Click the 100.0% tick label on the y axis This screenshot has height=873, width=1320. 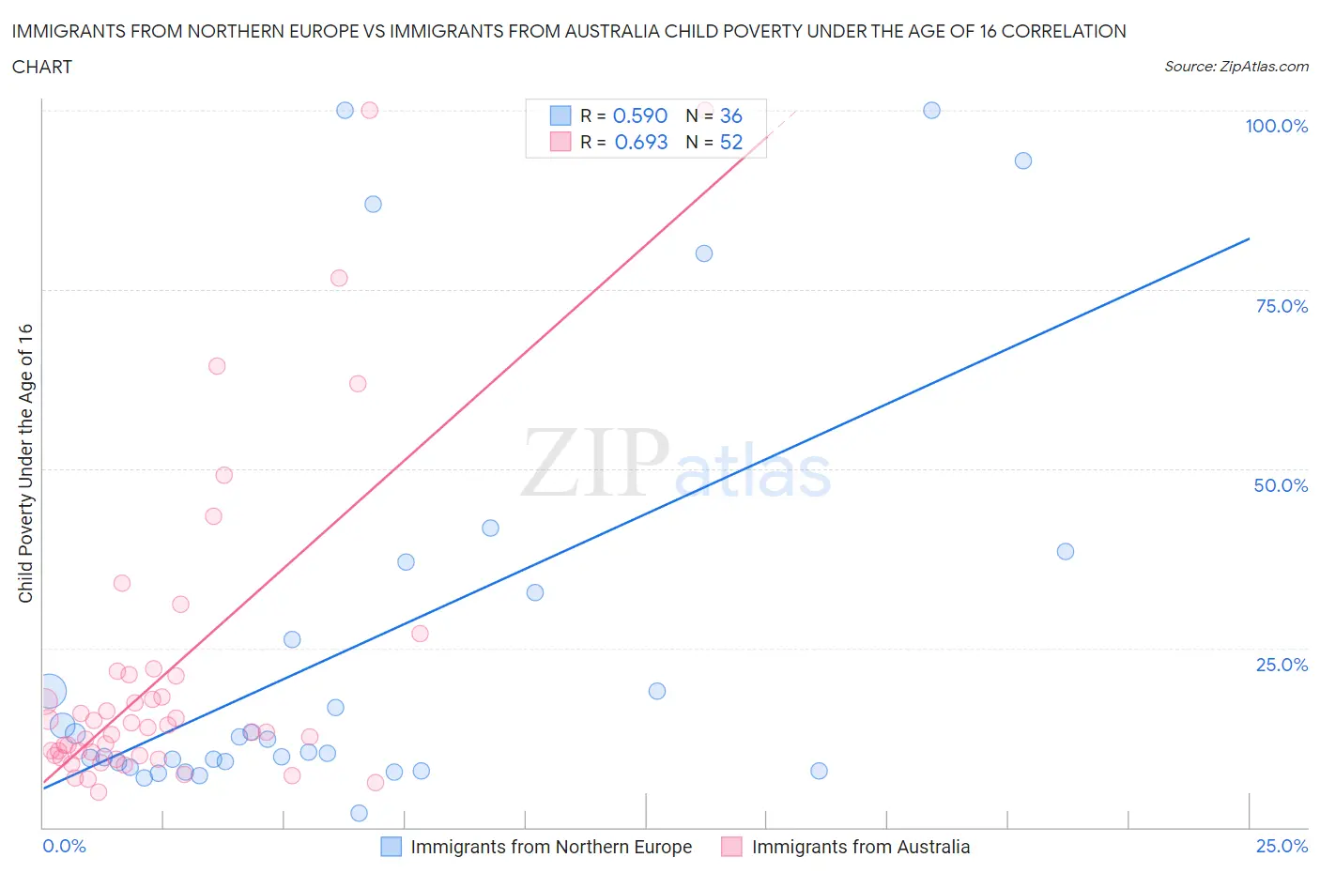tap(1276, 126)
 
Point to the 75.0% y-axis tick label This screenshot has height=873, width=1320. tap(1282, 306)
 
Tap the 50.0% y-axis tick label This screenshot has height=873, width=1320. tap(1281, 485)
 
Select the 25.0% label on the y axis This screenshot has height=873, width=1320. tap(1282, 665)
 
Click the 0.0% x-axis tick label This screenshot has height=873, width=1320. tap(64, 846)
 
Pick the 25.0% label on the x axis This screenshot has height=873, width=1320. tap(1282, 846)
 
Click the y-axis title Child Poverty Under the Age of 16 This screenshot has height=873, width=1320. tap(25, 463)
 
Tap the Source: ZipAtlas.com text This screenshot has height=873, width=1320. tap(1236, 66)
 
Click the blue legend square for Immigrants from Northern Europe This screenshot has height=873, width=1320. tap(391, 847)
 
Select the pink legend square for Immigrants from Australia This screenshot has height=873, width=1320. tap(731, 847)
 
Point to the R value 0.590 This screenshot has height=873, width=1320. tap(639, 115)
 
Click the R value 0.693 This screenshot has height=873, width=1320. tap(640, 142)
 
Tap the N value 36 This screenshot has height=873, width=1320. tap(730, 115)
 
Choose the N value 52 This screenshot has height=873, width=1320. tap(730, 142)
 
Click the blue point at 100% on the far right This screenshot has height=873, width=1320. tap(931, 110)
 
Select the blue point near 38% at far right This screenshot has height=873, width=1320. tap(1065, 551)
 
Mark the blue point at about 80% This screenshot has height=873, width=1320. tap(704, 253)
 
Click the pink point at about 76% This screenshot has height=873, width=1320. tap(339, 278)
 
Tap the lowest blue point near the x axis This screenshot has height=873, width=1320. tap(359, 813)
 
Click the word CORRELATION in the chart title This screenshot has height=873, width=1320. tap(1064, 31)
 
